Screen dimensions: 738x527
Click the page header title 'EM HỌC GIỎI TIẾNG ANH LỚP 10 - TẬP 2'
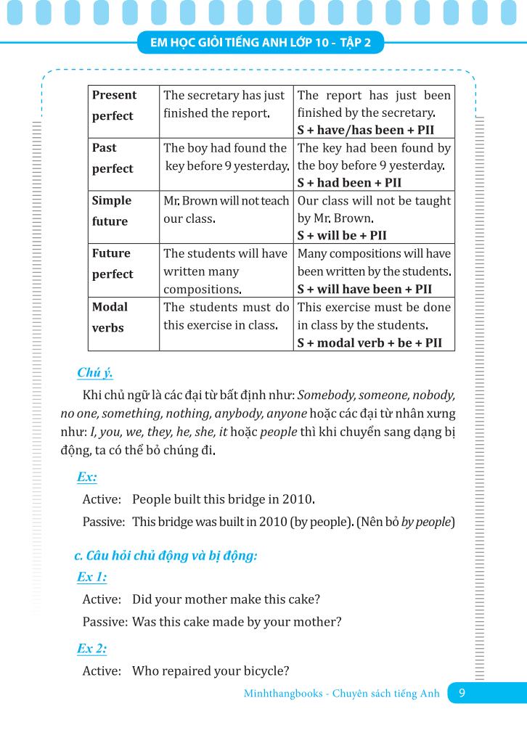[261, 43]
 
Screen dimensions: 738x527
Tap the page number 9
[462, 693]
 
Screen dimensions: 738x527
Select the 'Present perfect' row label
[114, 105]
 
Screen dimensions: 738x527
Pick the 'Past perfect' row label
[113, 158]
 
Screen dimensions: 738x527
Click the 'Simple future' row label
[112, 210]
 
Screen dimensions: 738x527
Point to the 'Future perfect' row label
[113, 263]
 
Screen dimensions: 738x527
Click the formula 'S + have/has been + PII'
[366, 131]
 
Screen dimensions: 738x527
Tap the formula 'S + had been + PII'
[349, 183]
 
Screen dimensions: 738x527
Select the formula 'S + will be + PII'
[342, 236]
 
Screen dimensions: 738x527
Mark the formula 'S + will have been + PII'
[364, 289]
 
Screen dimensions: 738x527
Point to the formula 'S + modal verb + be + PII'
[369, 343]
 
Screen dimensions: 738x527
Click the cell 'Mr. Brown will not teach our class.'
[226, 209]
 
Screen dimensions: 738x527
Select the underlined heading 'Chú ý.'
[95, 373]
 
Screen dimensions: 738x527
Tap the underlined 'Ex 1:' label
[91, 577]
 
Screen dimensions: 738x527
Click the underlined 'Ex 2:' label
[91, 648]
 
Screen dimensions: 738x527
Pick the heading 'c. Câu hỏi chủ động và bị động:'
[166, 556]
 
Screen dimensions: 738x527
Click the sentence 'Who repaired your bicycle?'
[211, 671]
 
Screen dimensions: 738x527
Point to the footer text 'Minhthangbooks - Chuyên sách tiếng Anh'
[341, 694]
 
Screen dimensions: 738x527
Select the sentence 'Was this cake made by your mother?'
[237, 622]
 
